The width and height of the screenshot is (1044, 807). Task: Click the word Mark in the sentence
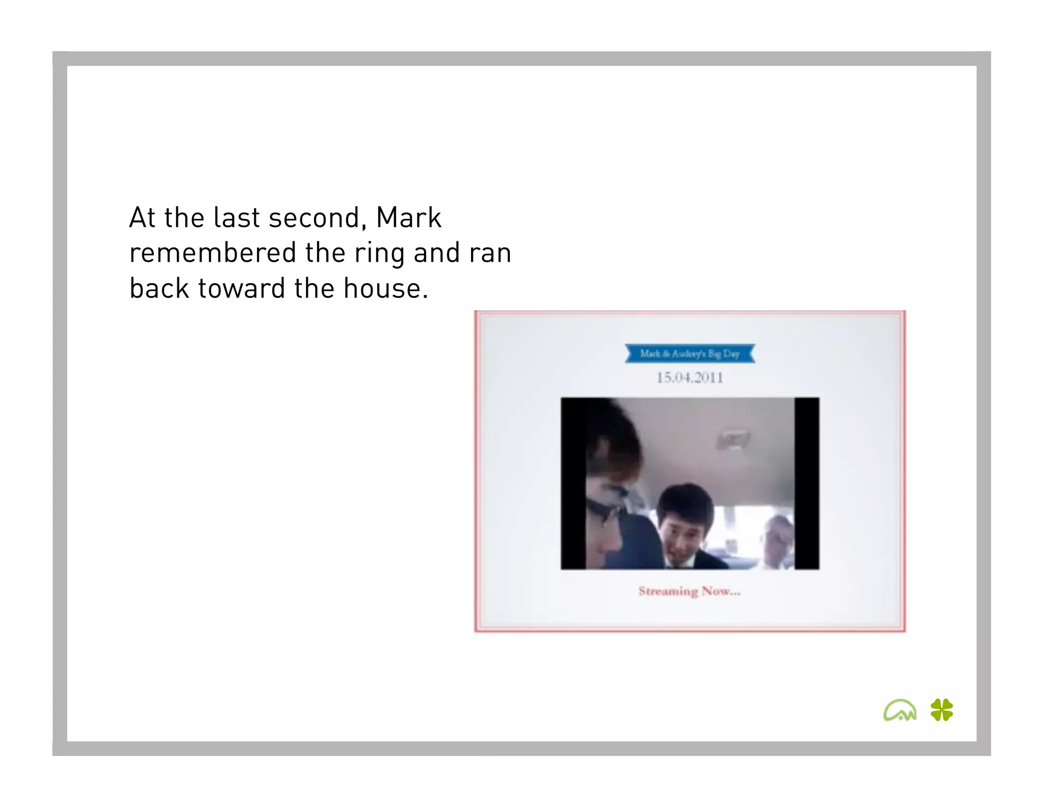coord(408,218)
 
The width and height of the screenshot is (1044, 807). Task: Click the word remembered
coord(213,253)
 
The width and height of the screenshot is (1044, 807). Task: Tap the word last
coord(237,218)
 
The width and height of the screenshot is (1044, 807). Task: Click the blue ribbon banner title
coord(690,354)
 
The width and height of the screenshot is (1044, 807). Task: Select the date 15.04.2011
coord(690,377)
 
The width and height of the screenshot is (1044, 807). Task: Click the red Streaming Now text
coord(689,591)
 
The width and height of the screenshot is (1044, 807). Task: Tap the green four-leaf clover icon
coord(942,710)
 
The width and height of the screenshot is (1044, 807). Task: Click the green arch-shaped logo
coord(899,710)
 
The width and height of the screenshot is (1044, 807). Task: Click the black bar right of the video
coord(806,483)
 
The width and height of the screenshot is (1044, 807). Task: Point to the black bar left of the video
coord(573,483)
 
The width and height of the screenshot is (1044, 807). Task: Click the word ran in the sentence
coord(490,254)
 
